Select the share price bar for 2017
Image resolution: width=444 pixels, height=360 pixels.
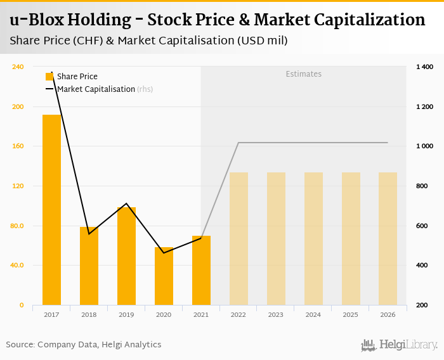(x=51, y=210)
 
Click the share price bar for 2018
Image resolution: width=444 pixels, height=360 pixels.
(x=89, y=266)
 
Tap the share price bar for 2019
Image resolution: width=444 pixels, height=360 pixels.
(x=126, y=256)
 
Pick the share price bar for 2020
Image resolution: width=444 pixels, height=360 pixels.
(x=164, y=276)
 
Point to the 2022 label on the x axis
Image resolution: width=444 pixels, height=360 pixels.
(x=238, y=314)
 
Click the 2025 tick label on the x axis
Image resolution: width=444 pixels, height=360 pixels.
(x=351, y=314)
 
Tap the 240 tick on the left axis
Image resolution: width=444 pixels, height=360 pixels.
(x=18, y=67)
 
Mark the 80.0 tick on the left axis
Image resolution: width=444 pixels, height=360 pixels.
(x=17, y=226)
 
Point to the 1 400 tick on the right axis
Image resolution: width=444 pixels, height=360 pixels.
(x=424, y=67)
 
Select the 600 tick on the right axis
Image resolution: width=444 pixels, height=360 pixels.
(x=422, y=226)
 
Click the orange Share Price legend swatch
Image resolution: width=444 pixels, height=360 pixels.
(x=50, y=77)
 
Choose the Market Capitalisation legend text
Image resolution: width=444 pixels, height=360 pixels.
(x=96, y=89)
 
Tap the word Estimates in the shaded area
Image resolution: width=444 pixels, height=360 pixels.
(x=303, y=74)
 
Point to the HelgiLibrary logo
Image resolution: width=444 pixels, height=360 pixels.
(x=400, y=345)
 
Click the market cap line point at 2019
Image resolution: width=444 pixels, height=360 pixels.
(x=126, y=204)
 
